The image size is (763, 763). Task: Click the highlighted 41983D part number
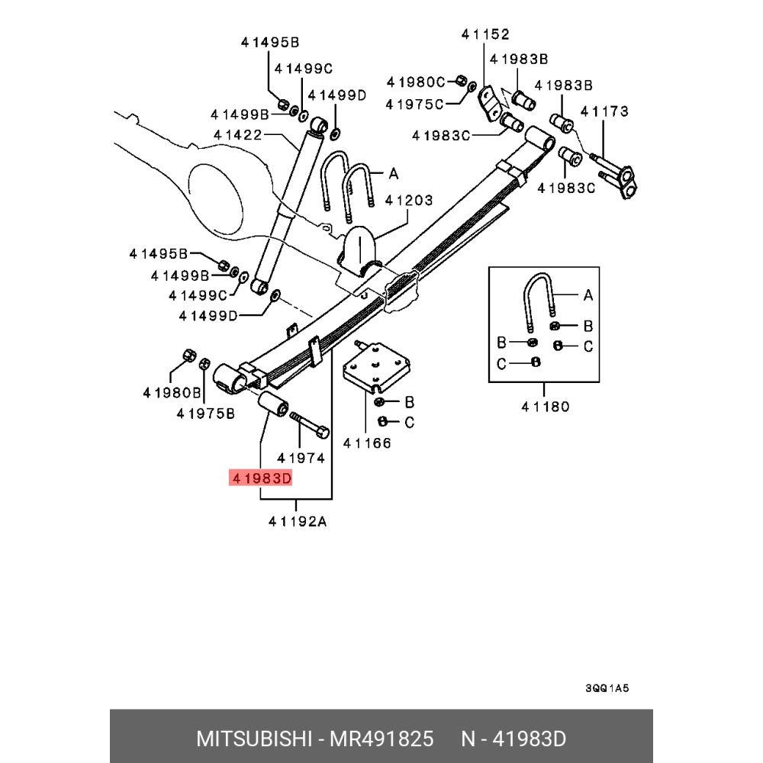click(x=260, y=479)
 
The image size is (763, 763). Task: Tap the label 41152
click(x=485, y=34)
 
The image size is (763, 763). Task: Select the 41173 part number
click(x=604, y=111)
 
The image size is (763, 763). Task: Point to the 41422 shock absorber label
click(x=237, y=135)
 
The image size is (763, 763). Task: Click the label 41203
click(x=408, y=201)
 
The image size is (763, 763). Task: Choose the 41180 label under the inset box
click(x=545, y=407)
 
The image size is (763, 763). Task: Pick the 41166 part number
click(x=367, y=443)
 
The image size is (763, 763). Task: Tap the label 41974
click(x=301, y=458)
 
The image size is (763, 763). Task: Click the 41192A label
click(x=298, y=521)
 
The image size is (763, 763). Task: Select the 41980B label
click(x=172, y=393)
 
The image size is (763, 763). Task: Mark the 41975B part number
click(x=205, y=413)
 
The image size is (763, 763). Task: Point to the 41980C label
click(x=416, y=82)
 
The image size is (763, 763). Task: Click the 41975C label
click(x=415, y=104)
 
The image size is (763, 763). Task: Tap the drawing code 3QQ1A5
click(x=607, y=687)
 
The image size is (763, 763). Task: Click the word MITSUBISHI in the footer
click(x=253, y=739)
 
